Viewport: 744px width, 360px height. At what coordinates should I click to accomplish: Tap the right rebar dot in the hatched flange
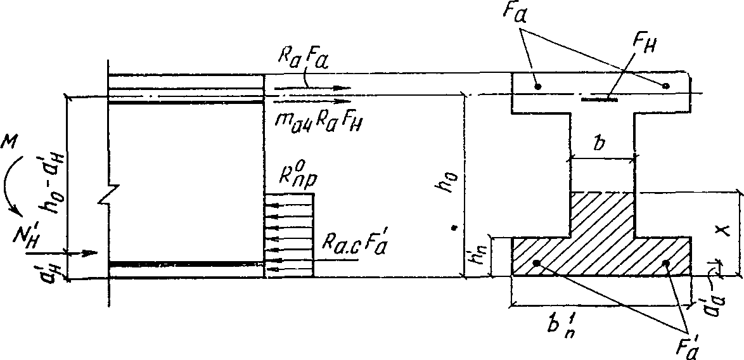point(665,262)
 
